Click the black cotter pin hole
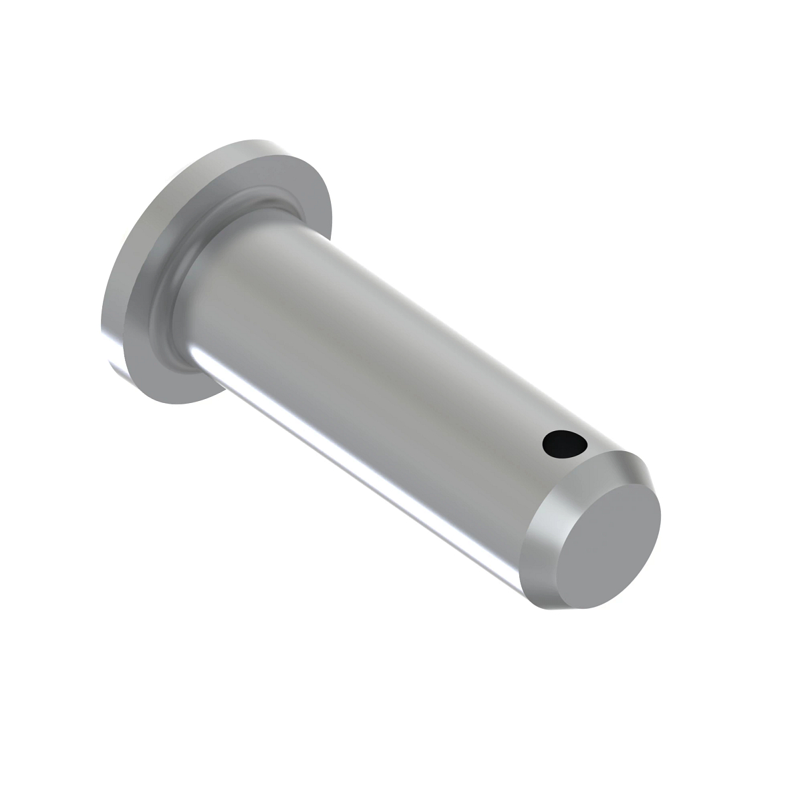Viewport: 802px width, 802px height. point(563,444)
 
